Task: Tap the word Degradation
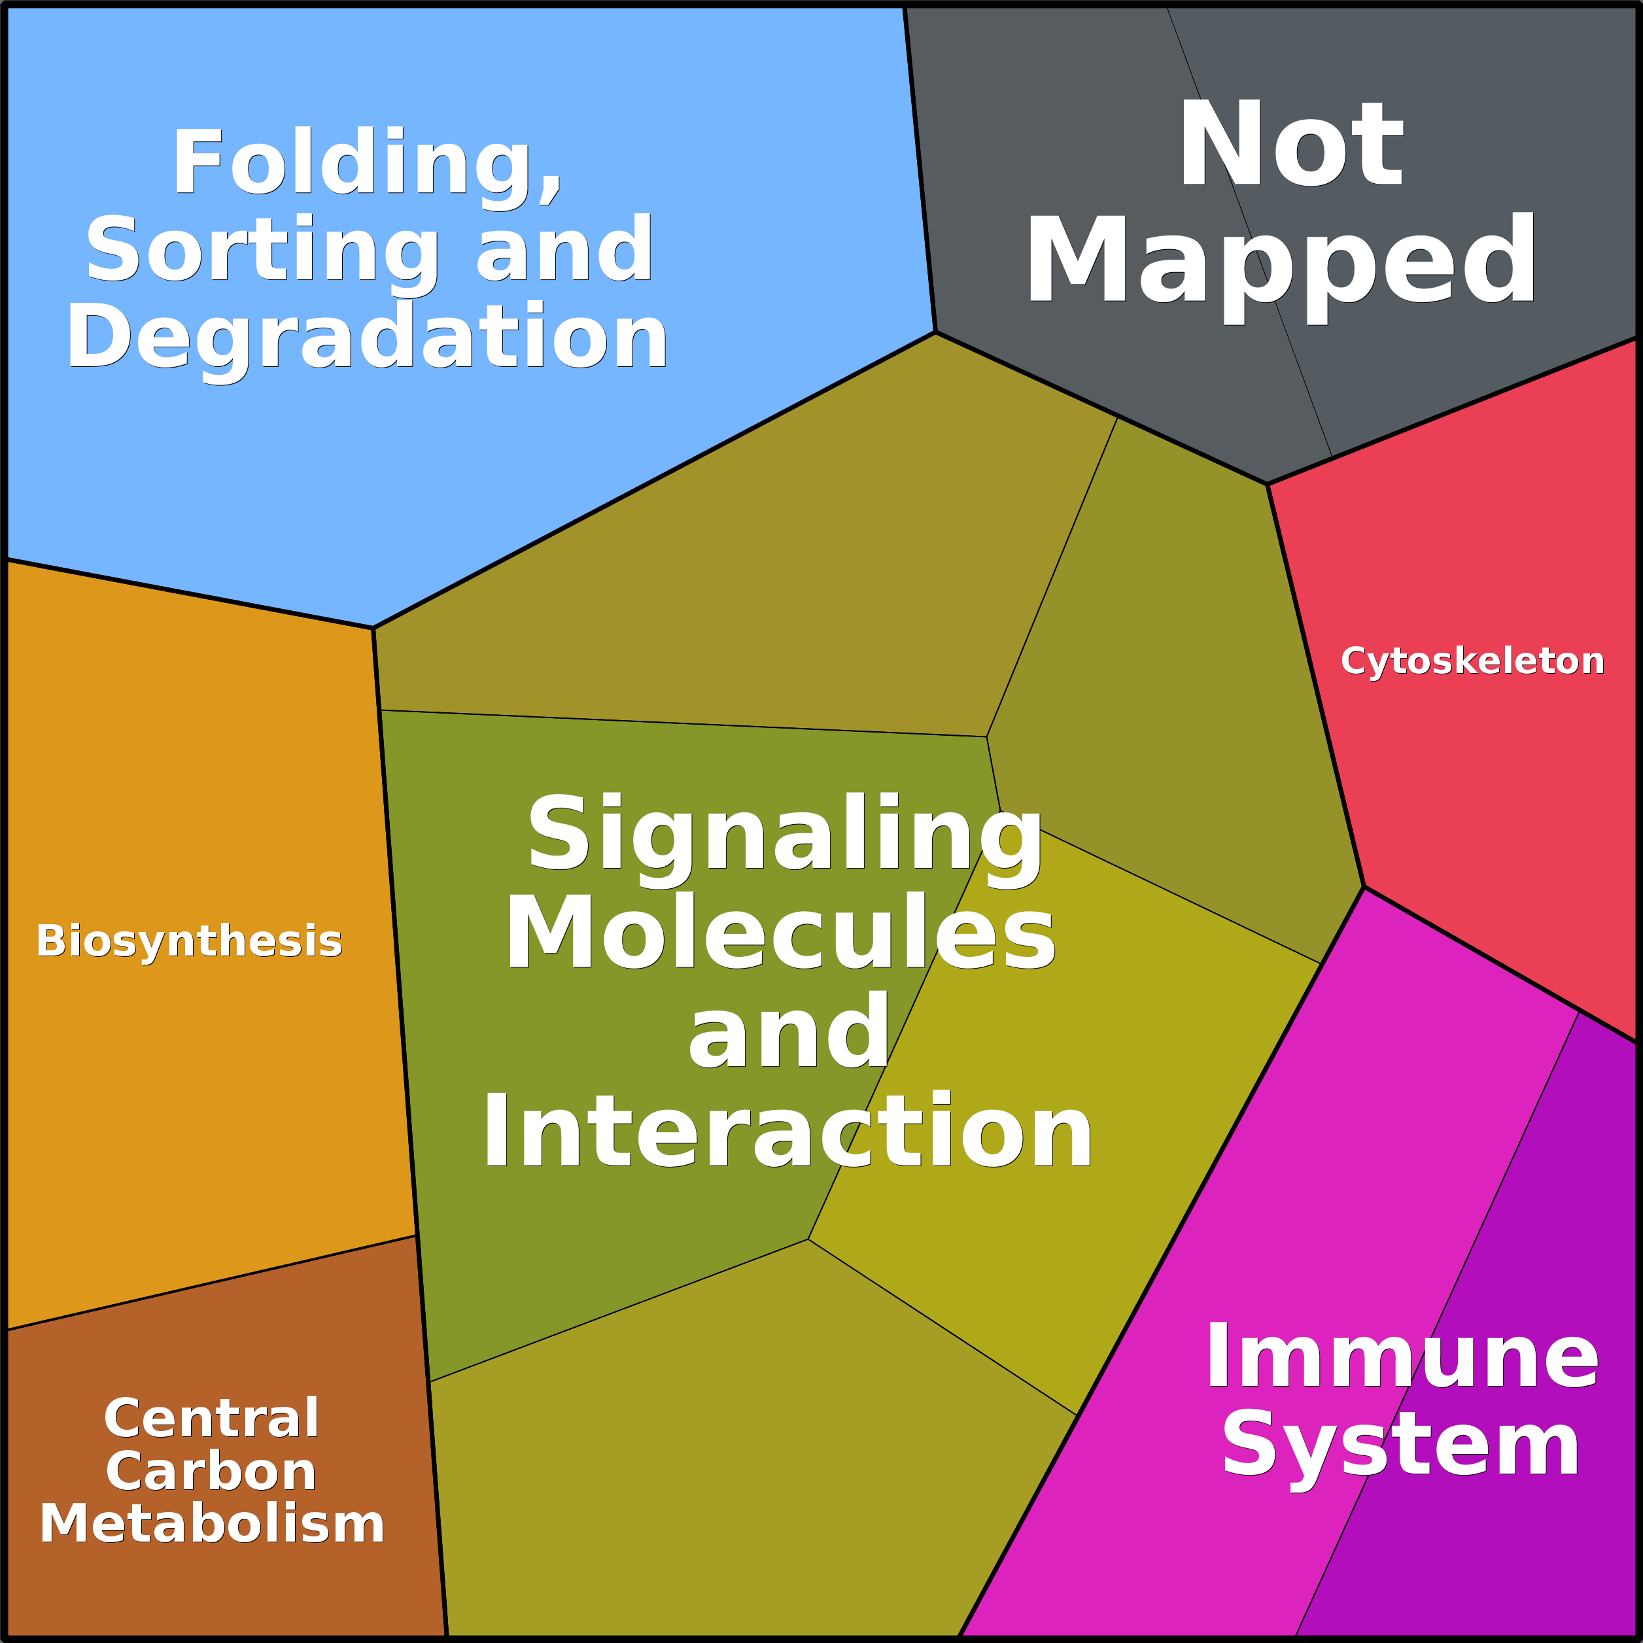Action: (x=368, y=337)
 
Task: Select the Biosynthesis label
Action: (x=189, y=941)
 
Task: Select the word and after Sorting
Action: (x=564, y=250)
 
